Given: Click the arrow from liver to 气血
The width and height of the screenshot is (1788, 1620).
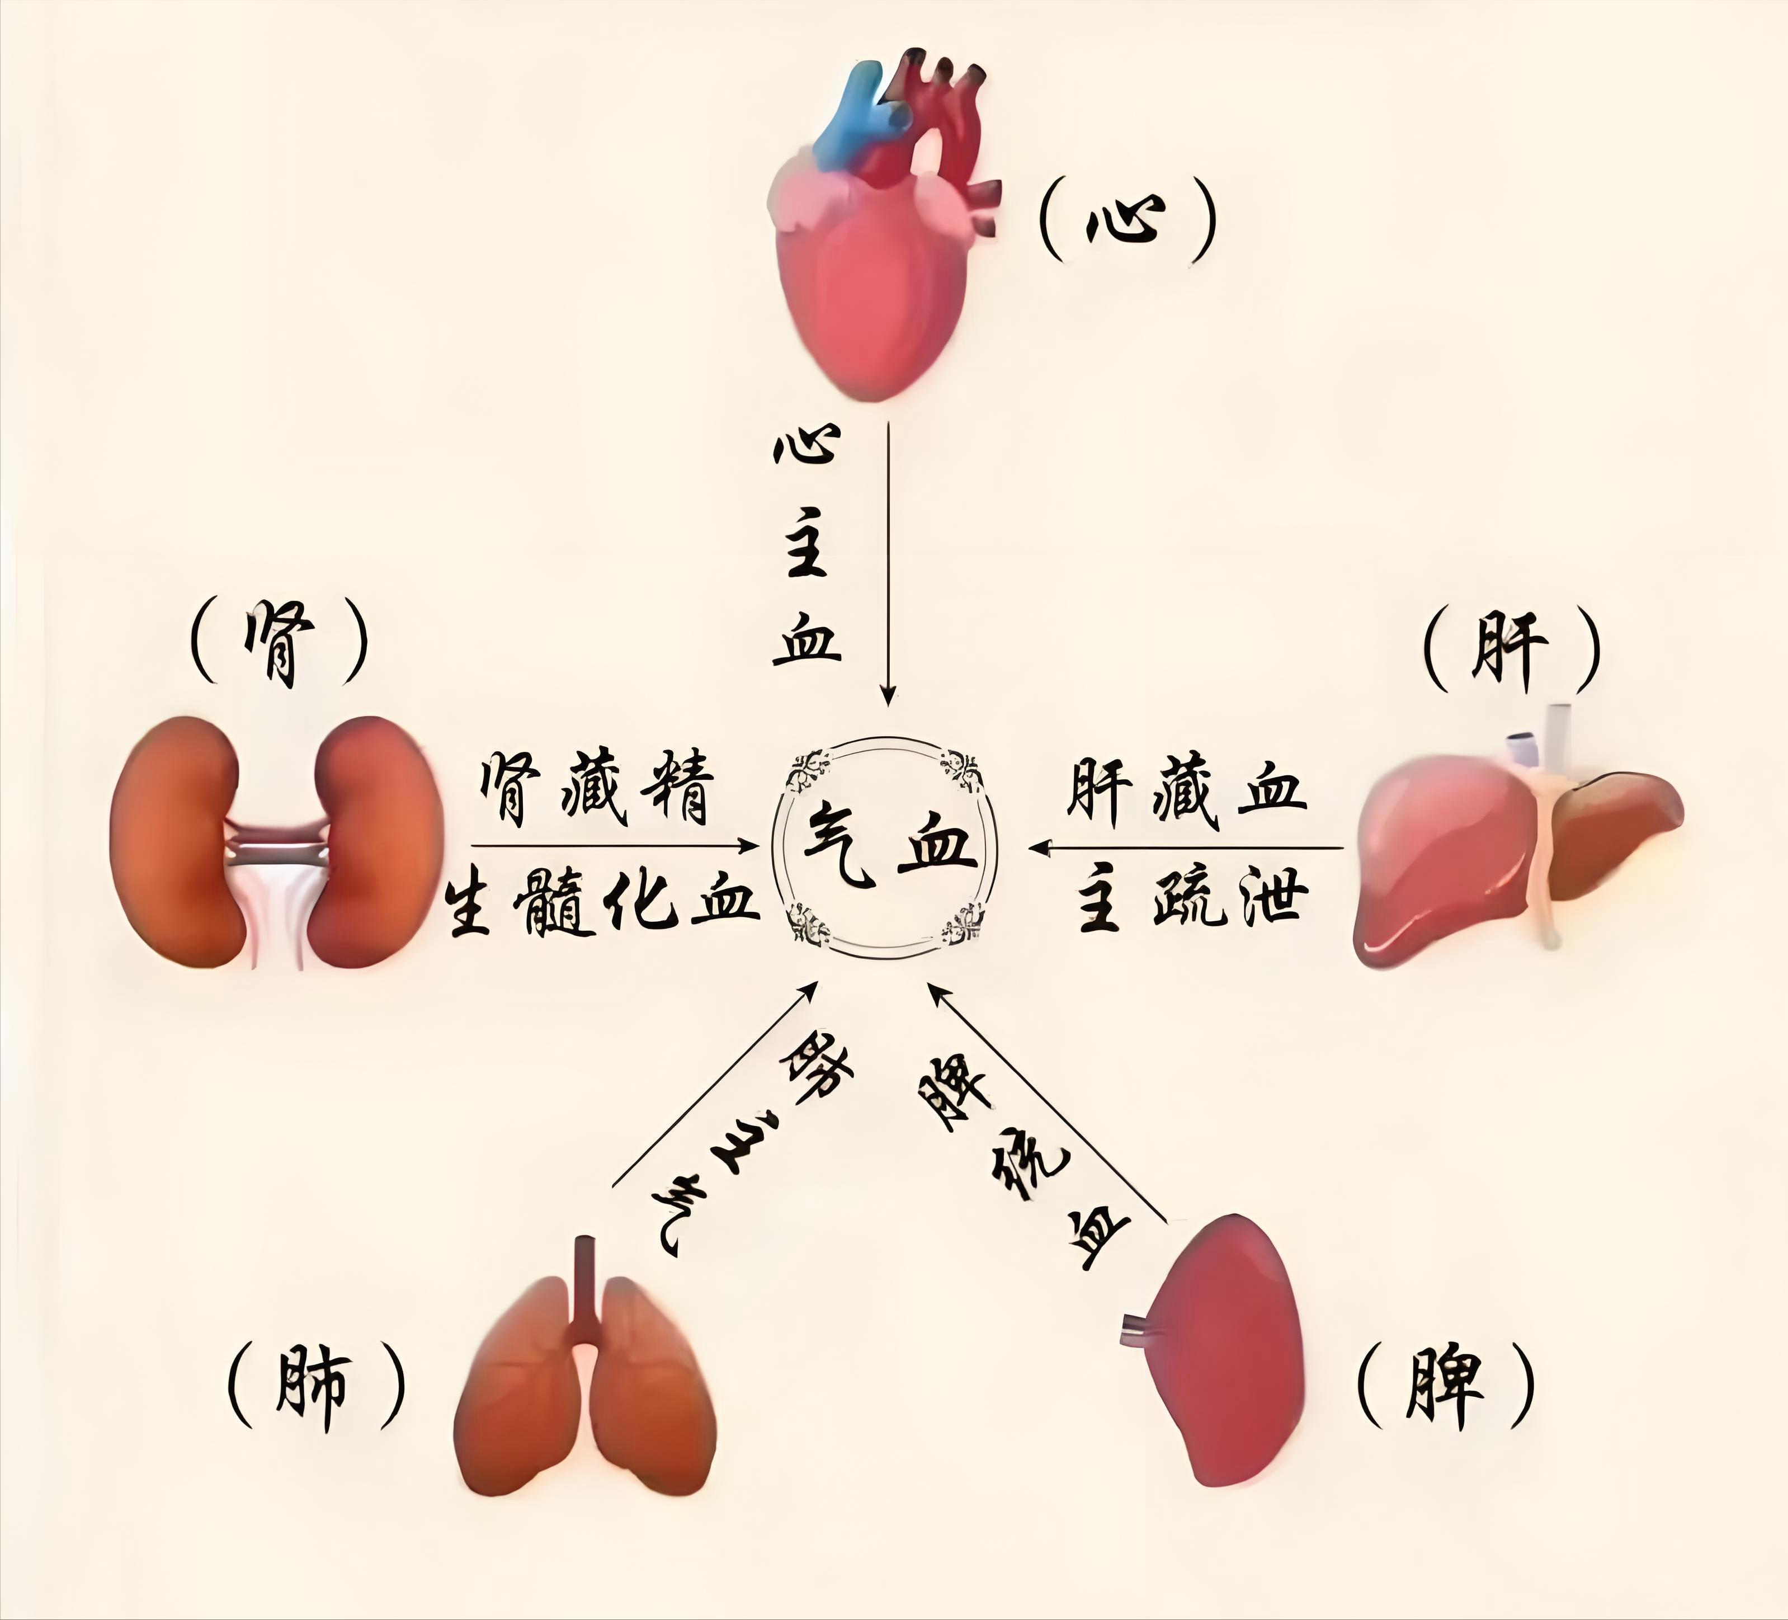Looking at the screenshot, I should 1188,847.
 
